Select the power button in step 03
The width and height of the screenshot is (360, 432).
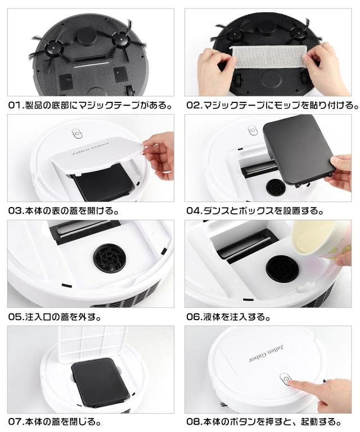(77, 134)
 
